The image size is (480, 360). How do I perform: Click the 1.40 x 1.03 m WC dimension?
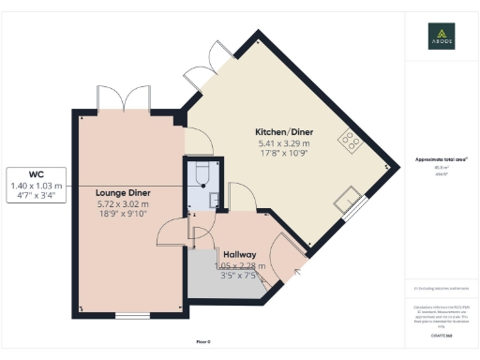tap(37, 187)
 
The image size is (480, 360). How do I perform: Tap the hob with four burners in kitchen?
tap(352, 140)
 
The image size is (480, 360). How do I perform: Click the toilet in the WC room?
tap(199, 175)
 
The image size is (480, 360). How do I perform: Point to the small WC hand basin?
tap(214, 198)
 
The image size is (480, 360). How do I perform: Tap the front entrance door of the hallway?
tap(283, 255)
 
